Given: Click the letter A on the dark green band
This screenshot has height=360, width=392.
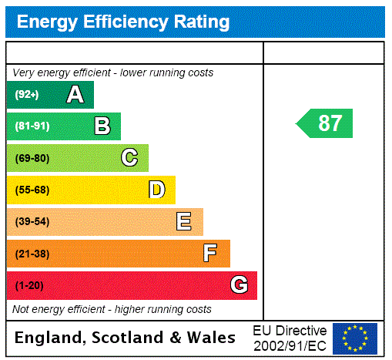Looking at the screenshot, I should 75,95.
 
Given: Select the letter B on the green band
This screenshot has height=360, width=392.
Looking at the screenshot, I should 102,126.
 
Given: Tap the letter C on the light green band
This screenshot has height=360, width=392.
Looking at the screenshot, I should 129,158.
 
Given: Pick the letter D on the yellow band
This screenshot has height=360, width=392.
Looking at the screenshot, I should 156,190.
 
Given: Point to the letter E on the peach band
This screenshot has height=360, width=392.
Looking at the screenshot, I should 184,222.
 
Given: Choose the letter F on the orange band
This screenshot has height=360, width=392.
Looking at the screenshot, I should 210,254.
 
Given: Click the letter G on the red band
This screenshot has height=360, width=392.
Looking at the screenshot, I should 239,286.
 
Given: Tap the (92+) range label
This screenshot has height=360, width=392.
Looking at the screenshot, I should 27,95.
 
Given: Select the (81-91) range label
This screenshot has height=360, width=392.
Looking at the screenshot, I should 32,126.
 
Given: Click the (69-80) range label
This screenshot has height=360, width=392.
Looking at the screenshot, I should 32,158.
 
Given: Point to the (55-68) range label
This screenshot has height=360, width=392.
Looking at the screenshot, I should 32,190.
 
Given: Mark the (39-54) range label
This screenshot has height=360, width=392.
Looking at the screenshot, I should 32,222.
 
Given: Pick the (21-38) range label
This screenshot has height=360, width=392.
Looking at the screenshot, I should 32,254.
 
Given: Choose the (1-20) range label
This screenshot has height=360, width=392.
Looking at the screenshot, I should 29,286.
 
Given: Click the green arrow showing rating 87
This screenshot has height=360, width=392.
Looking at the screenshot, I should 326,123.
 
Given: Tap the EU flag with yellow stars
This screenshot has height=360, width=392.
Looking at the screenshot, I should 355,338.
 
